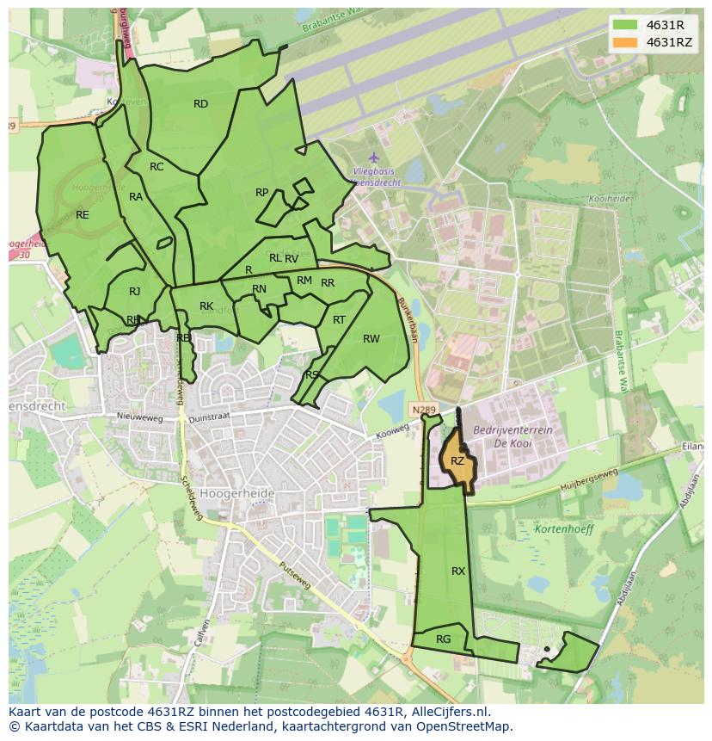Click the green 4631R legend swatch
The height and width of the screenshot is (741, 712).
[626, 25]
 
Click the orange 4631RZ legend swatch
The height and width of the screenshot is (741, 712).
[626, 42]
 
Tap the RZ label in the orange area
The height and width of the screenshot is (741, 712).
[457, 461]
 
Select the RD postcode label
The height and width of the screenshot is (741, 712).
[200, 104]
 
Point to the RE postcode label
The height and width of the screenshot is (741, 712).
[83, 215]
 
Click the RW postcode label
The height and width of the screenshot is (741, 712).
[371, 339]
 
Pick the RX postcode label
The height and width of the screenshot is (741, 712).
[458, 571]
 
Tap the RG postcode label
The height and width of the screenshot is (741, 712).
[444, 639]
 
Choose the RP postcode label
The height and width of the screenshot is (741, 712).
[262, 193]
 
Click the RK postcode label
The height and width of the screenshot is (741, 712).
[206, 306]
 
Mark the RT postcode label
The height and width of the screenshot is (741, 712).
[339, 320]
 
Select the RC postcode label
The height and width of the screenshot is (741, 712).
[157, 167]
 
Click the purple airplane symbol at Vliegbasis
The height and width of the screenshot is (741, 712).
[373, 158]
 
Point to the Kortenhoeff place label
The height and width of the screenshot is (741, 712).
[564, 529]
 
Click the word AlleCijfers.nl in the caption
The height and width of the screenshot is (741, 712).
[450, 712]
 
